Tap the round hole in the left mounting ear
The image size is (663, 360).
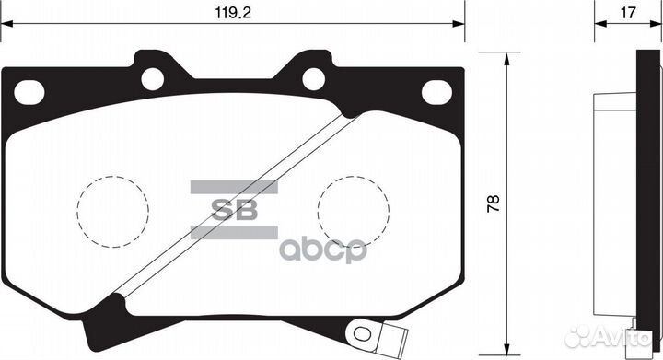coord(152,79)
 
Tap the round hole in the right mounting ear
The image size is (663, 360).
coord(314,79)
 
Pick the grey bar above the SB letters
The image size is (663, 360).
coord(233,187)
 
